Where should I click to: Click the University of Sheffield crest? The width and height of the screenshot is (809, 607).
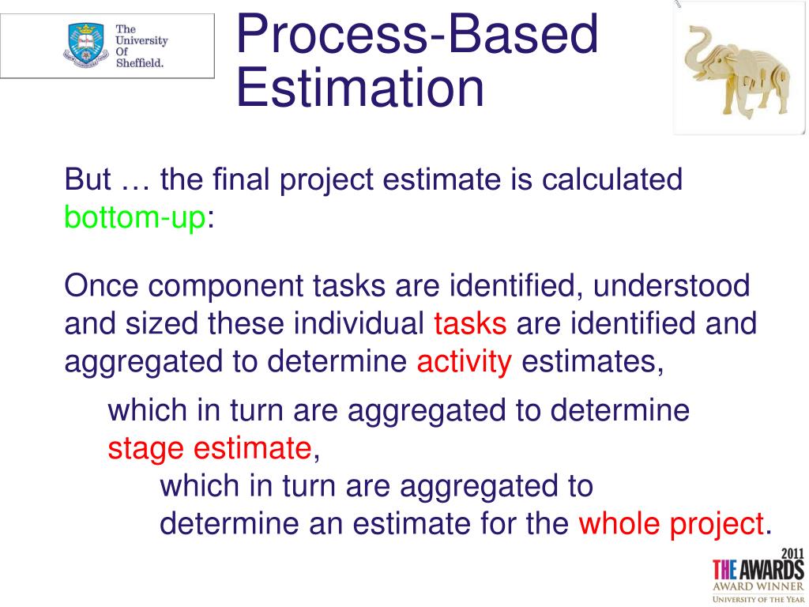(x=86, y=45)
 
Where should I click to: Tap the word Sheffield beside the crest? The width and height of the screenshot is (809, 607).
(x=139, y=63)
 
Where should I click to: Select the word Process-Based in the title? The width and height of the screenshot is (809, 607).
(x=417, y=34)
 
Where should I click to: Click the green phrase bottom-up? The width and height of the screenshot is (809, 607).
(x=134, y=217)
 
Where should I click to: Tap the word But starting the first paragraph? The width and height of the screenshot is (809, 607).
(x=87, y=179)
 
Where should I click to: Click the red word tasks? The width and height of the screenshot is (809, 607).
(x=470, y=323)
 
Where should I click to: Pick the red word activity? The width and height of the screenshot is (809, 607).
(x=465, y=362)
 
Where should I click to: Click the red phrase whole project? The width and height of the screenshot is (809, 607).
(x=671, y=524)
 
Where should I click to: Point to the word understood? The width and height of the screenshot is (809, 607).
(x=672, y=285)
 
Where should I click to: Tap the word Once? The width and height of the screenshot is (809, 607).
(x=102, y=285)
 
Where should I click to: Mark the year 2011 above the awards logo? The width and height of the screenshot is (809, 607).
(x=792, y=553)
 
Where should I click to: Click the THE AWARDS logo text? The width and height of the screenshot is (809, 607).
(x=758, y=570)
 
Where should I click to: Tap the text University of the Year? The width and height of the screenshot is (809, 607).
(x=758, y=599)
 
